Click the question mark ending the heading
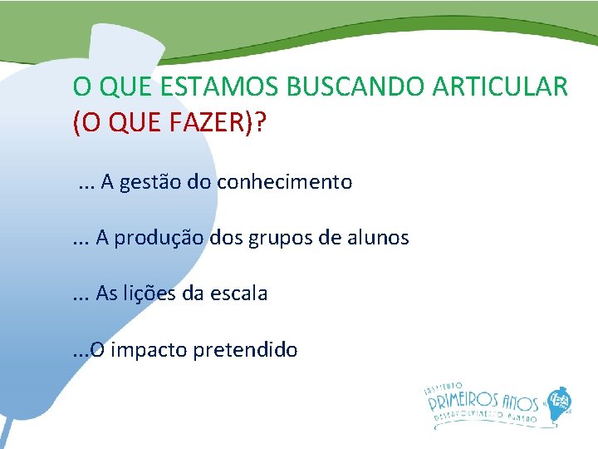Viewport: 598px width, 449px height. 262,124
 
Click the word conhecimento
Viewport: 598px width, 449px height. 285,182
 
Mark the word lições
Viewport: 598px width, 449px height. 154,294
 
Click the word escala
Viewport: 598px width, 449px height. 240,294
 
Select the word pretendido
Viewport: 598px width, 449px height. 245,350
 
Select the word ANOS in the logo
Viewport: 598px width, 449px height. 519,402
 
